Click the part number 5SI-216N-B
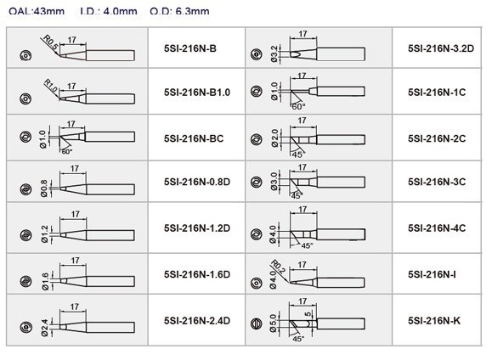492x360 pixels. [x=190, y=48]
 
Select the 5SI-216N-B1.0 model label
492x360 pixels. [x=197, y=93]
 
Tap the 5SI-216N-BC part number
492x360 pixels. [x=194, y=138]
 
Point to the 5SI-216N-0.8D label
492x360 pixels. [x=197, y=182]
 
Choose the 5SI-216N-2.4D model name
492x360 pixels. [x=197, y=321]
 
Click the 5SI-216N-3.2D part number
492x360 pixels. [x=441, y=48]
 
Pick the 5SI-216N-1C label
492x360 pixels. [x=437, y=93]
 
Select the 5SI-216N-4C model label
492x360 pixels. [x=437, y=228]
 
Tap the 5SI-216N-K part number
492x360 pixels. [x=434, y=321]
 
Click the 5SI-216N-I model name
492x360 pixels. [x=432, y=274]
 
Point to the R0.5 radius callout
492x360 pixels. [x=50, y=42]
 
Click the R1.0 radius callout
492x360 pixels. [x=50, y=87]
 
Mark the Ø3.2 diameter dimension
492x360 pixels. [x=274, y=53]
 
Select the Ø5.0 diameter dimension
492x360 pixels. [x=274, y=323]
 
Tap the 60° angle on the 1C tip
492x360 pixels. [x=298, y=107]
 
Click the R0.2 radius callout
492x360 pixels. [x=279, y=267]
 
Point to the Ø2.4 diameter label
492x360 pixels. [x=45, y=328]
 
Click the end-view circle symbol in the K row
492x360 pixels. [x=257, y=323]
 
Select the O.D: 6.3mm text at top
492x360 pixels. [x=179, y=11]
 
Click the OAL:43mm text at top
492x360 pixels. [x=37, y=11]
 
